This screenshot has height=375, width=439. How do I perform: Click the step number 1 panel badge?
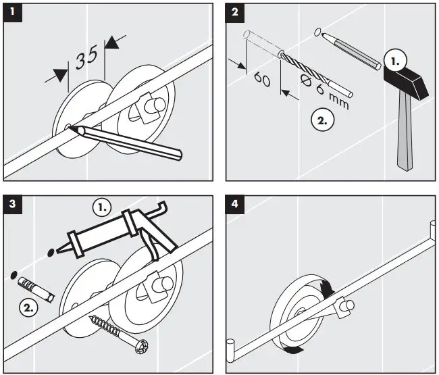11,11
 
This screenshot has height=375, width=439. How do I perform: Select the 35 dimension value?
87,59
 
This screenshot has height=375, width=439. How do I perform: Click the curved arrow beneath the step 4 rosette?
292,351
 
